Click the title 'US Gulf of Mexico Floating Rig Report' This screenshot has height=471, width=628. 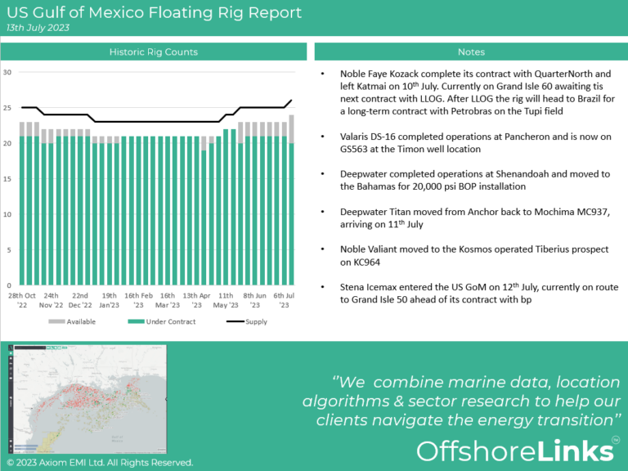[x=154, y=12]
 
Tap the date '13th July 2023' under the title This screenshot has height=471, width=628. [x=38, y=28]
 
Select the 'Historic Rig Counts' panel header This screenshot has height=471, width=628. [x=154, y=52]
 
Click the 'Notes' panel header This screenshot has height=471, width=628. [x=471, y=52]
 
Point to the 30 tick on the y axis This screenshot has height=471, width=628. [x=7, y=72]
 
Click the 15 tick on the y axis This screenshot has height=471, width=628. [x=7, y=179]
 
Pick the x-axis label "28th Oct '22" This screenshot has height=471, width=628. [x=22, y=300]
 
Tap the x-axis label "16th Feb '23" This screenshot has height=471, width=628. [x=138, y=300]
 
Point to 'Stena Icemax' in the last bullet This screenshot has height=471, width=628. [x=370, y=287]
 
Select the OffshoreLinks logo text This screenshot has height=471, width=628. [x=514, y=451]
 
